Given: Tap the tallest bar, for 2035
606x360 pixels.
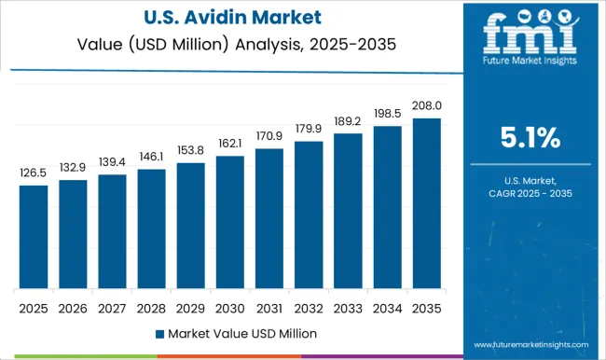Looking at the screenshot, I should coord(426,202).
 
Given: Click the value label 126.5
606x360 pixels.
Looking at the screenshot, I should coord(34,172).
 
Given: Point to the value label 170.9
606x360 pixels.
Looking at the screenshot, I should coord(269,135).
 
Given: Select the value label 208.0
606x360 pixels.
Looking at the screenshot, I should coord(426,104).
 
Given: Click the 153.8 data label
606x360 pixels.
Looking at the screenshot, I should coord(190,149).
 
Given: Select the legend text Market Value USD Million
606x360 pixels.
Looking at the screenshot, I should coord(241,333).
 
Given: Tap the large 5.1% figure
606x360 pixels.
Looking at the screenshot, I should coord(530,139).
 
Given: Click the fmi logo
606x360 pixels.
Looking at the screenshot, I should coord(529,37).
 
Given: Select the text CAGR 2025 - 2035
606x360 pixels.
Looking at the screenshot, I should coord(530,193).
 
